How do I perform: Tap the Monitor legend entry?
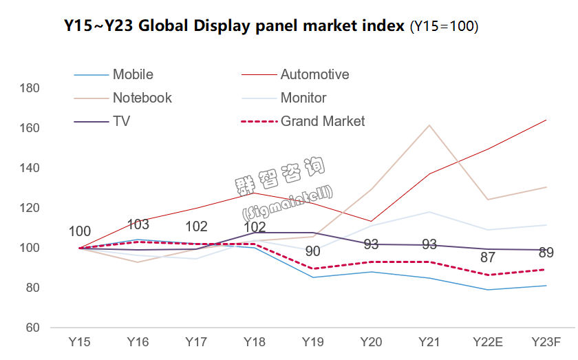pyautogui.click(x=303, y=98)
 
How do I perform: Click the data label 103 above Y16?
pyautogui.click(x=140, y=224)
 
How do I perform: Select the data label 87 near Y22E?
pyautogui.click(x=489, y=258)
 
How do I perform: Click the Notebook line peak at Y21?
pyautogui.click(x=430, y=125)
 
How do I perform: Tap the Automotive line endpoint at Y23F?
pyautogui.click(x=546, y=120)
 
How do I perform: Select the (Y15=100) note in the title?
pyautogui.click(x=445, y=28)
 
